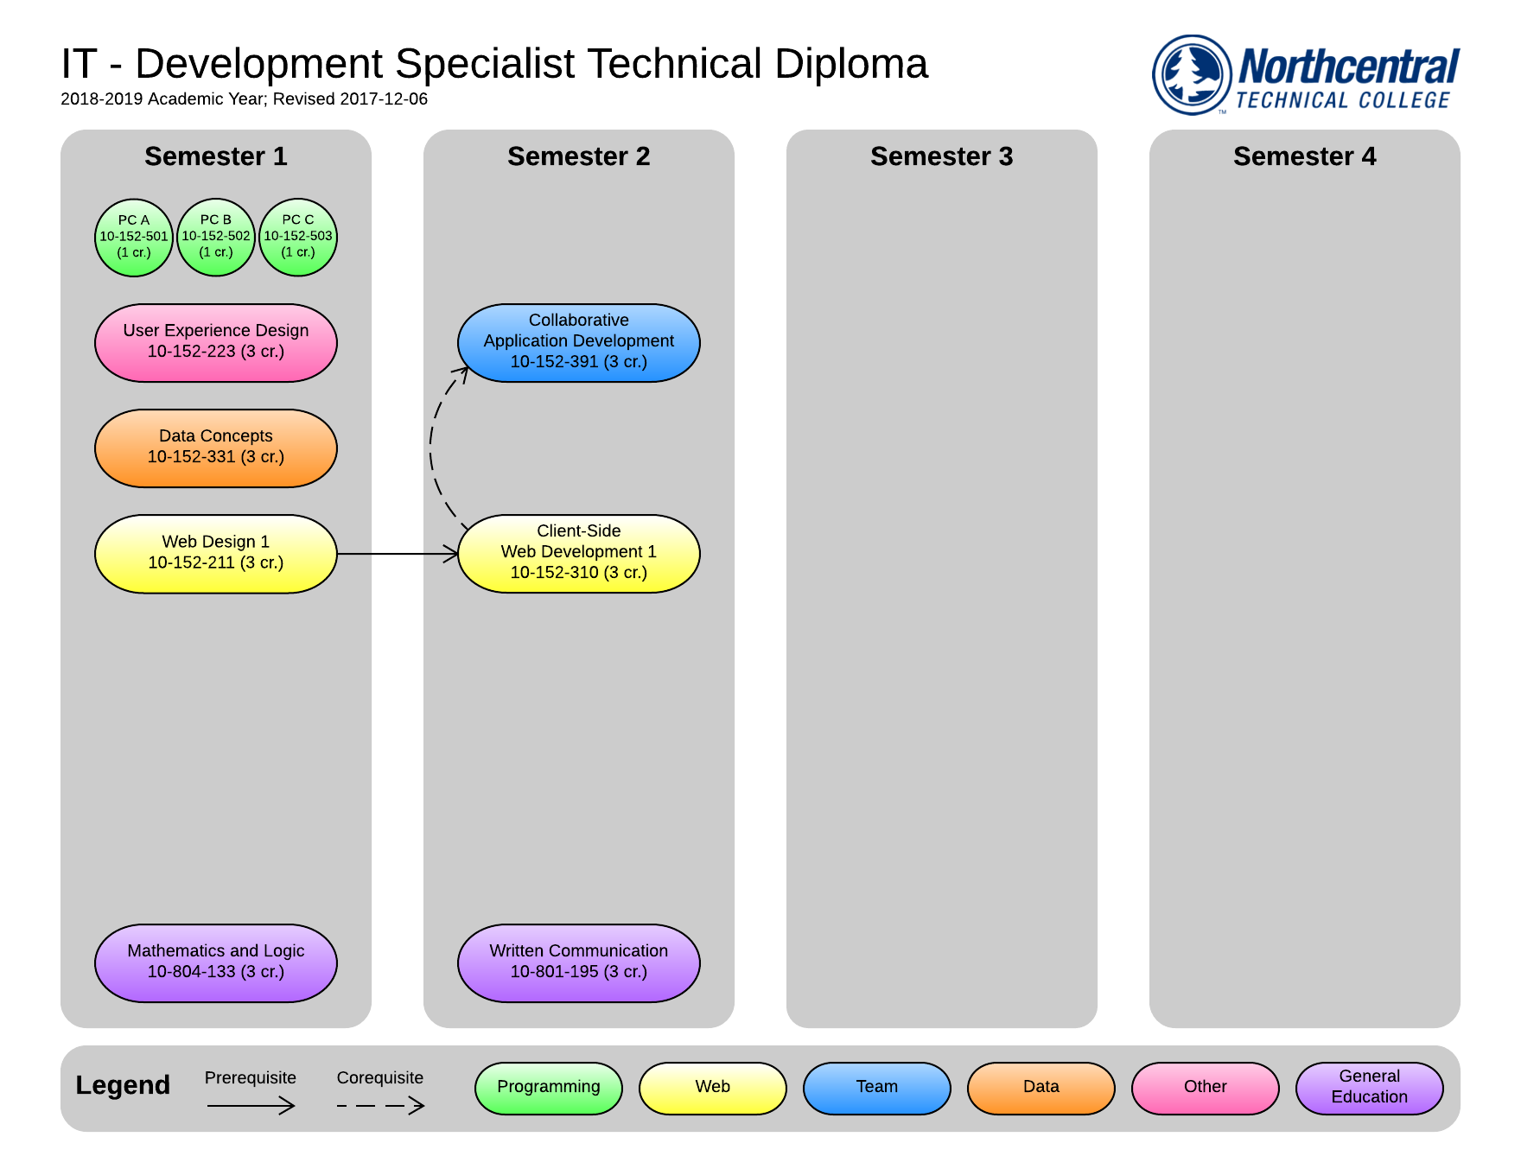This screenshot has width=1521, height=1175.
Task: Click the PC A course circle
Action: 134,237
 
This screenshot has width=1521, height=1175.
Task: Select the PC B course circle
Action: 216,237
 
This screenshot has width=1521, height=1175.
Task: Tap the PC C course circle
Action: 298,237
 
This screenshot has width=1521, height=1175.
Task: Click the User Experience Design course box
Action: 216,342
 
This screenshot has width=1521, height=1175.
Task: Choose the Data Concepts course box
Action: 216,448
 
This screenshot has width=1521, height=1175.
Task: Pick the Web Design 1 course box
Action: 216,553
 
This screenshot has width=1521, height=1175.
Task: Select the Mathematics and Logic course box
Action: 216,962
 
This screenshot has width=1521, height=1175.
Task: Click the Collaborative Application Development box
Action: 579,342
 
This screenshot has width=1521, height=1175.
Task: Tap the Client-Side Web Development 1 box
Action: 579,553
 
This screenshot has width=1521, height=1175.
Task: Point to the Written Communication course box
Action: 579,962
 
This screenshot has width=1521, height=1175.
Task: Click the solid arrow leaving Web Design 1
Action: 398,554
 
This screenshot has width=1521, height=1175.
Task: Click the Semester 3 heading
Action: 942,156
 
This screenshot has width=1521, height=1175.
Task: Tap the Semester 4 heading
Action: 1305,156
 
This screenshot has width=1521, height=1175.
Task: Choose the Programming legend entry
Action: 549,1088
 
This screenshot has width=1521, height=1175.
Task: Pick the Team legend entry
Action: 877,1088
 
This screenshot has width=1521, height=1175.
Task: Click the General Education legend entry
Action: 1370,1088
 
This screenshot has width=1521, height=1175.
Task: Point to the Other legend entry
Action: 1206,1088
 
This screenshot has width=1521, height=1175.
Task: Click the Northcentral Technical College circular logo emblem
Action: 1193,74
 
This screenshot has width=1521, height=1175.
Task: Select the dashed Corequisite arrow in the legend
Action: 380,1105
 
